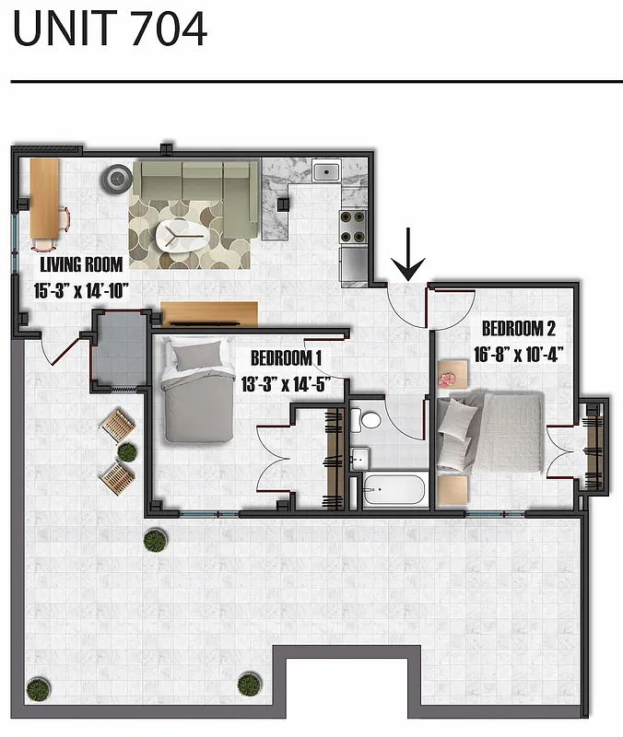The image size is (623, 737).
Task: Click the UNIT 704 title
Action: click(110, 29)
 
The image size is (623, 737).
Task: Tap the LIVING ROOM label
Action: click(82, 265)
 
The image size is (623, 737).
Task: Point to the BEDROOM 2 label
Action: click(518, 328)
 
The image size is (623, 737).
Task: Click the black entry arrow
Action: click(408, 257)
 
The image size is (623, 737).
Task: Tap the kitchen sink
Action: click(326, 170)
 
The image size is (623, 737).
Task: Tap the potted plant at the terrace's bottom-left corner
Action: click(37, 687)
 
